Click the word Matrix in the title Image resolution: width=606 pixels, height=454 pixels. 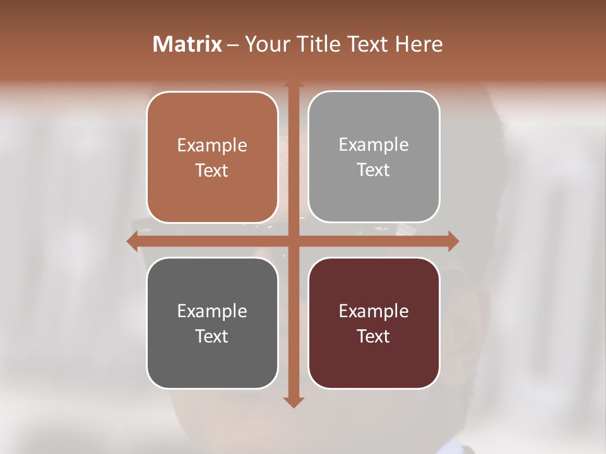coord(187,44)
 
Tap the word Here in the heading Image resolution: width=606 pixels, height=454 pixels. coord(419,44)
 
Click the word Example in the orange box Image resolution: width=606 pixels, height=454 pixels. coord(212,146)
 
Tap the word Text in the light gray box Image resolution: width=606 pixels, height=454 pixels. coord(374,170)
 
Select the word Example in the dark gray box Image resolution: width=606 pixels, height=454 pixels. coord(212,311)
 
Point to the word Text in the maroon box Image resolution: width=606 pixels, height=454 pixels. coord(374,336)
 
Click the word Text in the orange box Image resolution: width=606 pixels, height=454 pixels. coord(212,171)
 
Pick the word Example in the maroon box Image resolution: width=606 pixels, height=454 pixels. coord(374,311)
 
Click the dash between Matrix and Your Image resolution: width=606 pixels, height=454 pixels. coord(233,45)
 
